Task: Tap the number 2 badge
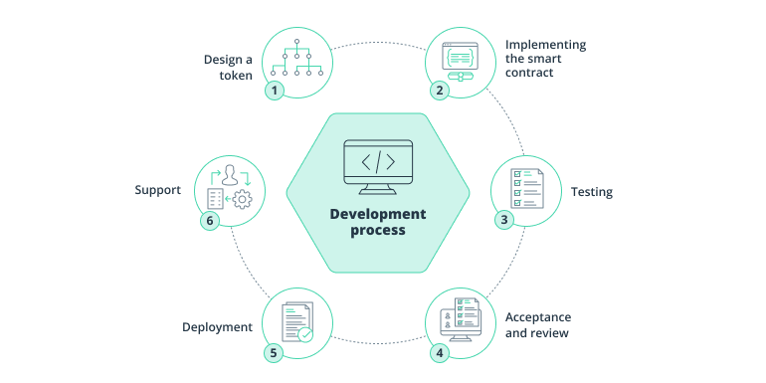439,90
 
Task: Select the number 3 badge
504,219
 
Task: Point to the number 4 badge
439,351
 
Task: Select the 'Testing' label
591,191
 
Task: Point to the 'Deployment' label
217,326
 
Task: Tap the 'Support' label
157,189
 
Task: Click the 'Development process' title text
377,222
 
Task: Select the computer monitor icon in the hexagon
377,164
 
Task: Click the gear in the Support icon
242,200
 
